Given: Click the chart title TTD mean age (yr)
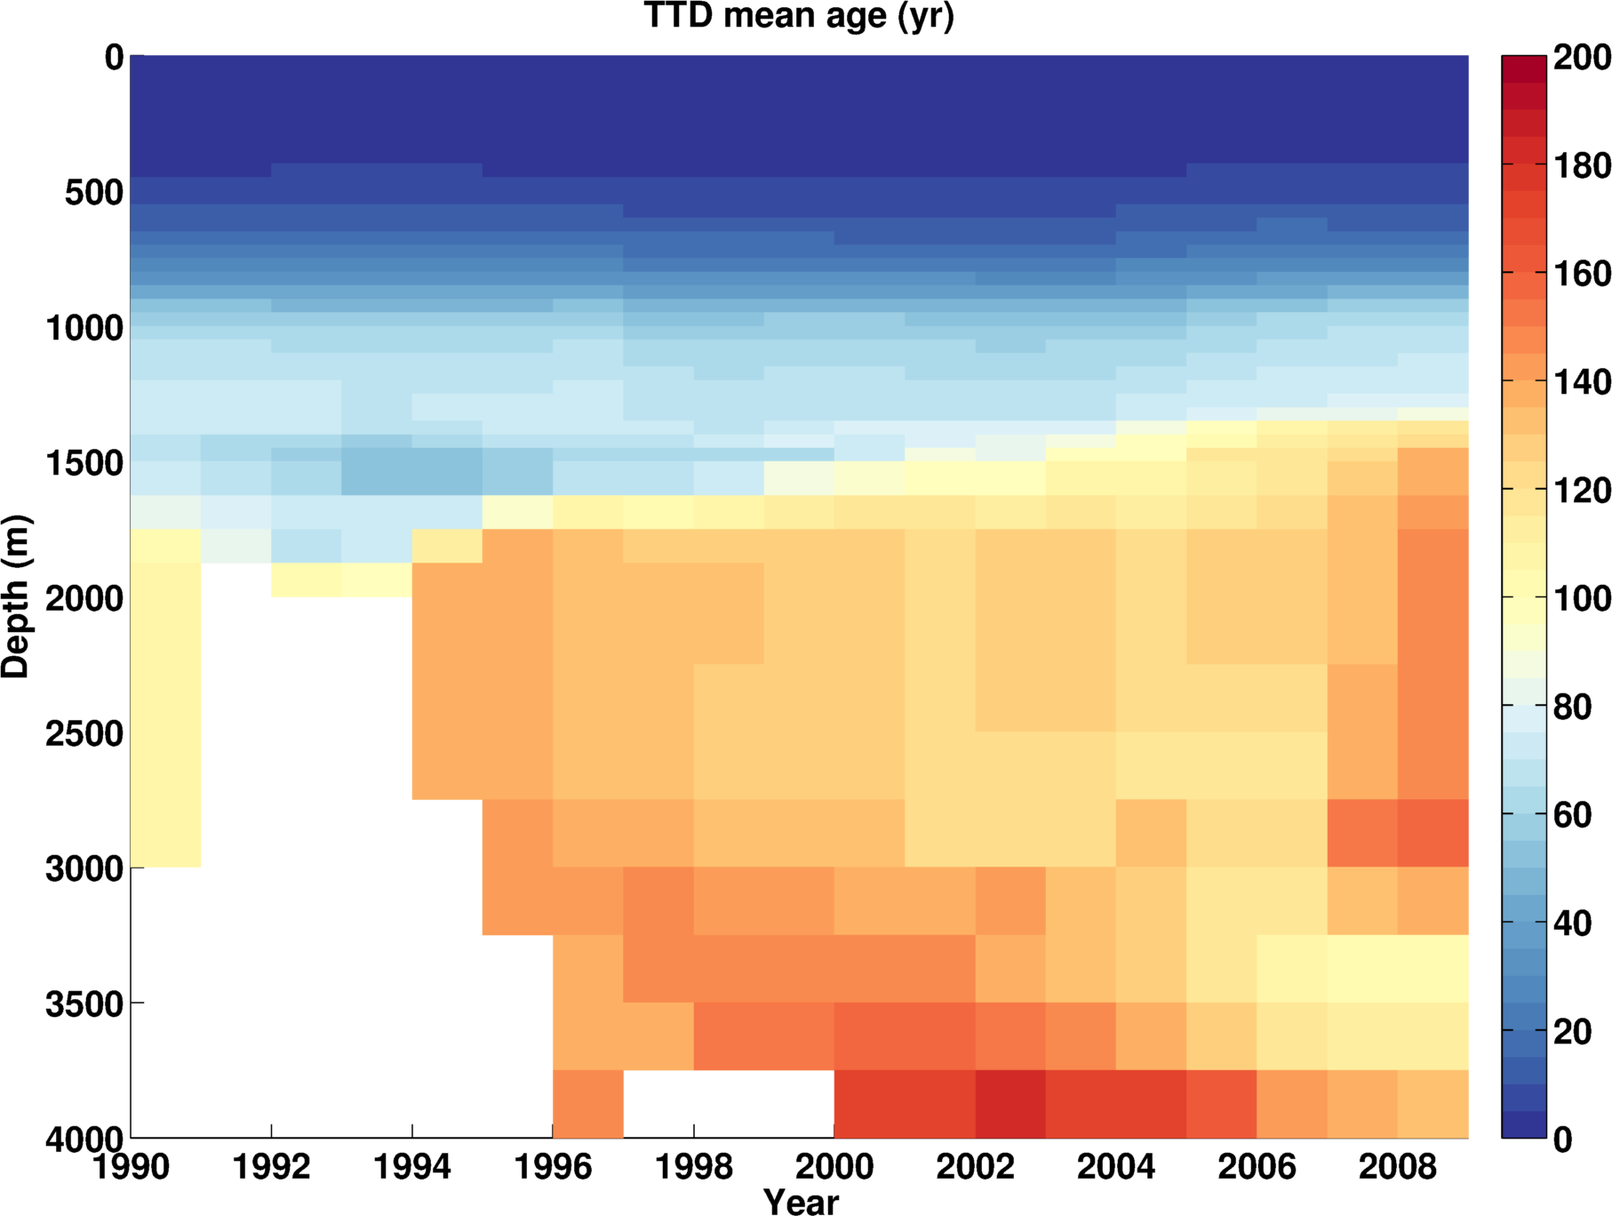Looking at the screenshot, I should click(798, 16).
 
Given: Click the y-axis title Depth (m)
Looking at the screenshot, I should click(16, 596).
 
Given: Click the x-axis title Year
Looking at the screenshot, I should click(801, 1202).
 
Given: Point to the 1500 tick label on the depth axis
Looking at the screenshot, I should click(84, 463).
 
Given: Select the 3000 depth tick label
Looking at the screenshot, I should click(84, 868).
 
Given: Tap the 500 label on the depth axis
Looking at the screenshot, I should click(94, 193).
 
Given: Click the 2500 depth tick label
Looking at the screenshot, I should click(84, 733).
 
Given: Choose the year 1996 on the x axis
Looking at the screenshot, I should click(553, 1166).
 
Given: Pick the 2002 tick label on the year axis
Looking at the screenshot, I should click(975, 1166).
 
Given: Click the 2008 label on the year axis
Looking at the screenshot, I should click(1397, 1166).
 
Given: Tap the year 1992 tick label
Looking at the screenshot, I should click(271, 1166).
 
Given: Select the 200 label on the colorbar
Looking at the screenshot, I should click(1582, 58).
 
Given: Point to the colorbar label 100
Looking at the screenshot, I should click(1582, 598).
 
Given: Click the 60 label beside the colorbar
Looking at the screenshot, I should click(1572, 815).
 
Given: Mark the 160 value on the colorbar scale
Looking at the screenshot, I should click(1582, 274).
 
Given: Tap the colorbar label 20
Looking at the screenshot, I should click(1572, 1031).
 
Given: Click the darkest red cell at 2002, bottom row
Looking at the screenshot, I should click(1010, 1103).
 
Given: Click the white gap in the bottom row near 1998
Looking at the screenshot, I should click(729, 1103).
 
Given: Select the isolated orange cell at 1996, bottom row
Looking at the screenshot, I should click(587, 1103).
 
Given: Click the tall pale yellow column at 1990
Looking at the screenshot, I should click(165, 711).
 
